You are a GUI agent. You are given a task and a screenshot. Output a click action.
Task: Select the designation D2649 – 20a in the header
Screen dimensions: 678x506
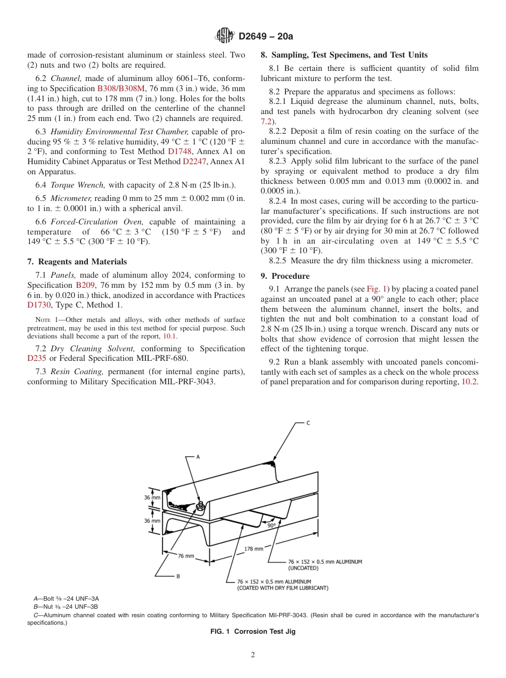[x=266, y=36]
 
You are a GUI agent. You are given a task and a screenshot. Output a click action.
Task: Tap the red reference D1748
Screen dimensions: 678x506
[x=179, y=151]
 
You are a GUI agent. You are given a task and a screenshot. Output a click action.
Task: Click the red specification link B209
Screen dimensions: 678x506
[x=85, y=285]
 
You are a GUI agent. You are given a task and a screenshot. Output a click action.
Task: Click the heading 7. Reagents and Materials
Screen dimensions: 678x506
[x=77, y=262]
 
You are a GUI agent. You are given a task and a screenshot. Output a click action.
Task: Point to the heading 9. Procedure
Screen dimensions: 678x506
[x=285, y=276]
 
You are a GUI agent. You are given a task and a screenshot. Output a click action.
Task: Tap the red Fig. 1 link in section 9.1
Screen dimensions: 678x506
[x=377, y=289]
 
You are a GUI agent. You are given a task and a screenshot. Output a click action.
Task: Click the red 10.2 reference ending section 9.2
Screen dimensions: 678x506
[x=470, y=382]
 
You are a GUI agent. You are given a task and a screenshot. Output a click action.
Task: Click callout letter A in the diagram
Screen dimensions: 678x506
[x=198, y=457]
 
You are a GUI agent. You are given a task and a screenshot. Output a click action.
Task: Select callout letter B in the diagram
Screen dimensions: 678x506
[x=177, y=576]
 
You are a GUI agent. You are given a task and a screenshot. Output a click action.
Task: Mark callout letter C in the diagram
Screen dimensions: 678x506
[x=308, y=423]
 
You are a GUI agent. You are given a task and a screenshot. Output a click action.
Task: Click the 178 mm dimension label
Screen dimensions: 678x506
[x=254, y=548]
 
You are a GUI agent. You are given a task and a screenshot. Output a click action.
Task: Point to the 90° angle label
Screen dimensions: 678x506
[x=271, y=525]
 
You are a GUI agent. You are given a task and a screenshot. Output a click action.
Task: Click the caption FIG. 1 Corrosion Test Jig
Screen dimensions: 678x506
[x=253, y=632]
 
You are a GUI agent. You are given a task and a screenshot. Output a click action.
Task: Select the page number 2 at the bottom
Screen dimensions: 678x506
[x=253, y=655]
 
